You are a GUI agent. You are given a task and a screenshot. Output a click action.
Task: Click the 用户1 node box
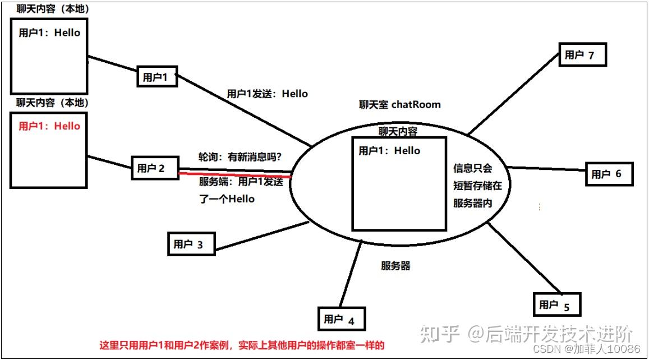pyautogui.click(x=157, y=76)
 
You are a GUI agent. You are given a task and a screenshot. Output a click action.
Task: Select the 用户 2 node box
pyautogui.click(x=155, y=168)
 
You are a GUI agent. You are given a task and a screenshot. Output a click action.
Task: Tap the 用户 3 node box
pyautogui.click(x=191, y=244)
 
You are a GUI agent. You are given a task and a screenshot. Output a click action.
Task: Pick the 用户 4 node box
pyautogui.click(x=342, y=319)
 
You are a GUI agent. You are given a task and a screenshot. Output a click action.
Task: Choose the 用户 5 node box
pyautogui.click(x=556, y=304)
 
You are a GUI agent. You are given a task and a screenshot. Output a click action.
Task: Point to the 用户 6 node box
pyautogui.click(x=609, y=174)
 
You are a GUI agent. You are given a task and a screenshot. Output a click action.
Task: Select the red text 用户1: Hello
pyautogui.click(x=49, y=126)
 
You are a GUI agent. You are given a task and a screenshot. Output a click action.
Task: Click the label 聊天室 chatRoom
pyautogui.click(x=400, y=104)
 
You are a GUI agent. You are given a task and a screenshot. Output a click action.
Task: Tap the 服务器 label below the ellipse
pyautogui.click(x=395, y=266)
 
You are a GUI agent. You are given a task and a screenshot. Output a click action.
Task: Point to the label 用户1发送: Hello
pyautogui.click(x=267, y=94)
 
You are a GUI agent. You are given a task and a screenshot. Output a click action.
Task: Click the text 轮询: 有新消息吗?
pyautogui.click(x=240, y=158)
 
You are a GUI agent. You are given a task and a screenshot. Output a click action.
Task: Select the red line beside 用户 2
pyautogui.click(x=236, y=175)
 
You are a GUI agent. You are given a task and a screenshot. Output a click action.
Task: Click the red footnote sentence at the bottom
pyautogui.click(x=242, y=345)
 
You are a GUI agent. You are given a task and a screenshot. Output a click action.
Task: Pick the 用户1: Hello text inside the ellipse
pyautogui.click(x=389, y=150)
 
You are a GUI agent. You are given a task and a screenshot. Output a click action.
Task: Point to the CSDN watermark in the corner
pyautogui.click(x=587, y=349)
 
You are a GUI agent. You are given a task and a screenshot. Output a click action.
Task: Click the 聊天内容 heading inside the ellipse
pyautogui.click(x=398, y=131)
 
